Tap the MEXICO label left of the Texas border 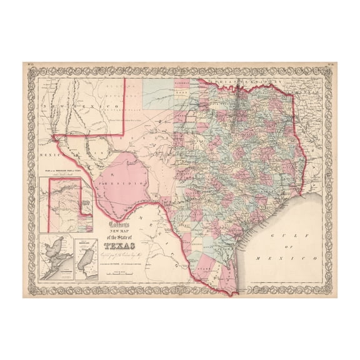49,150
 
